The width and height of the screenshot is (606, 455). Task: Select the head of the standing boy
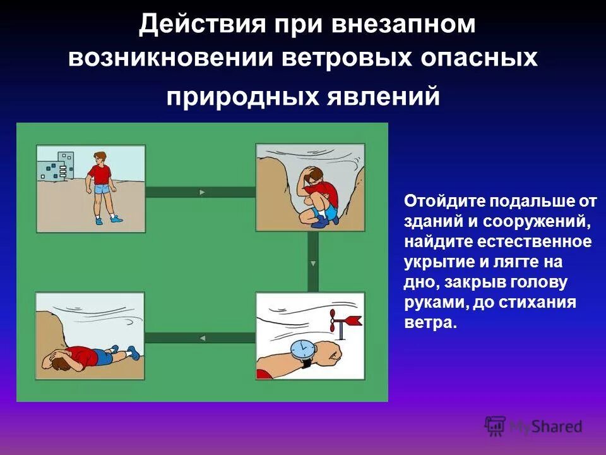99,157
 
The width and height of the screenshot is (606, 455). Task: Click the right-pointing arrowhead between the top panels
202,192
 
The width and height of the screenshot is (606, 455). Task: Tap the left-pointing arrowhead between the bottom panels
202,338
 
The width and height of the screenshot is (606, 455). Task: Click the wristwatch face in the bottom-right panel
302,348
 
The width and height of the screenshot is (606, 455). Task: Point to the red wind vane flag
352,320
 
